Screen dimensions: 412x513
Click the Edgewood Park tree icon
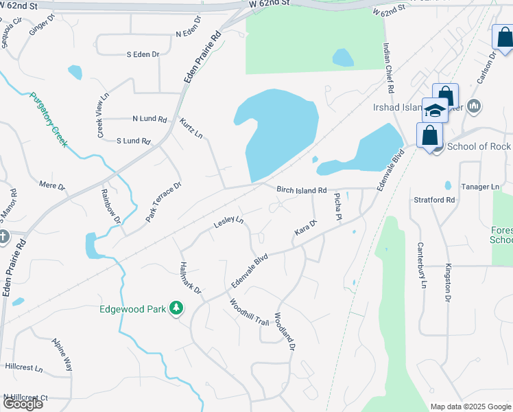click(x=178, y=309)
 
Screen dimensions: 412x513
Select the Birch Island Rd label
click(x=301, y=190)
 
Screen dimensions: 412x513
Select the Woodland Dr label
click(x=284, y=332)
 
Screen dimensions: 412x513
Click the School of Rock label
click(x=478, y=146)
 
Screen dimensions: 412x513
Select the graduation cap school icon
click(x=435, y=110)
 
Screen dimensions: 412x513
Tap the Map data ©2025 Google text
click(x=470, y=407)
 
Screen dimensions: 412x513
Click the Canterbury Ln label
click(x=423, y=265)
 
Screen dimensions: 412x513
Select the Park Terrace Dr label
click(x=163, y=202)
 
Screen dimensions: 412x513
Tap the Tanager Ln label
click(x=481, y=187)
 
